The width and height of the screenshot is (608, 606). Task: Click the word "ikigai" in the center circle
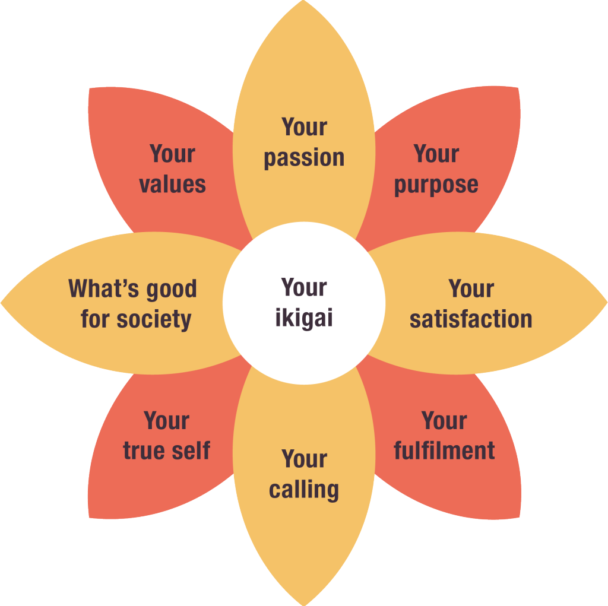tap(304, 319)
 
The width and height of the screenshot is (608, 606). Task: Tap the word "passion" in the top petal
tap(304, 158)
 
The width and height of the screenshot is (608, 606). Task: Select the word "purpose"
tap(436, 185)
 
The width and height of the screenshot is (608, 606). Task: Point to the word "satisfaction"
tap(471, 319)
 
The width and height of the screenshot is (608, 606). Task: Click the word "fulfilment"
tap(444, 450)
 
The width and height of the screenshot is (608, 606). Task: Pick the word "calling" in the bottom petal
tap(304, 490)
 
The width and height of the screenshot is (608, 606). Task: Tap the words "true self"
tap(166, 450)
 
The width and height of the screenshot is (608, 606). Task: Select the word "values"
tap(172, 184)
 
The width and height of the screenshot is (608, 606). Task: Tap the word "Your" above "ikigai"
tap(304, 288)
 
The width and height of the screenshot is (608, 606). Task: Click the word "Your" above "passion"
tap(304, 127)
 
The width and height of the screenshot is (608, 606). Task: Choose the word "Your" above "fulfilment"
tap(444, 421)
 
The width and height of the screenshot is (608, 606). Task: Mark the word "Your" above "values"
tap(172, 154)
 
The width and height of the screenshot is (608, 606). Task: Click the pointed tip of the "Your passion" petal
tap(304, 3)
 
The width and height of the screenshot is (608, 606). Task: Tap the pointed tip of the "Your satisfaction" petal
tap(604, 303)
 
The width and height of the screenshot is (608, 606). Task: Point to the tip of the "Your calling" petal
tap(304, 602)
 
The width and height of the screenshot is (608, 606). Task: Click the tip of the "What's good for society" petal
tap(3, 303)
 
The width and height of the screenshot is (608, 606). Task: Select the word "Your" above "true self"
tap(166, 421)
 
